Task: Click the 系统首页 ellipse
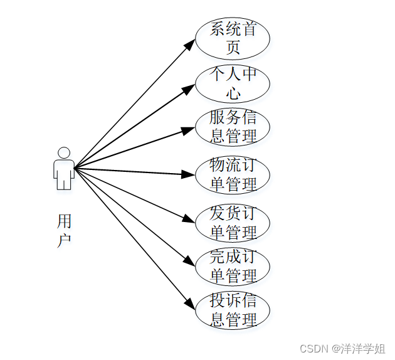click(x=233, y=38)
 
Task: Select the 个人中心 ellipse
click(x=233, y=83)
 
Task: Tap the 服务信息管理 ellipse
click(x=233, y=127)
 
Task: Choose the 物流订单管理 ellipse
click(x=233, y=175)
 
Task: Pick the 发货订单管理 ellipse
click(x=233, y=223)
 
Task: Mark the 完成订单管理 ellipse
click(x=233, y=267)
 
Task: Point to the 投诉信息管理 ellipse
click(x=233, y=310)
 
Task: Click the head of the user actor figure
click(x=63, y=152)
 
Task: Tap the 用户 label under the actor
click(x=64, y=230)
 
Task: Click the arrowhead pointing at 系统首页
click(x=191, y=44)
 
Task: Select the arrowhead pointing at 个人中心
click(x=189, y=88)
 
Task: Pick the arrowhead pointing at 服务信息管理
click(x=188, y=130)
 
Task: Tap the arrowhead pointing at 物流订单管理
click(x=187, y=174)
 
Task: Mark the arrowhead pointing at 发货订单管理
click(x=188, y=219)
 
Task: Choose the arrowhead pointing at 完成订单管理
click(x=189, y=261)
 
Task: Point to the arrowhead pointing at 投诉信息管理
click(x=191, y=304)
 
